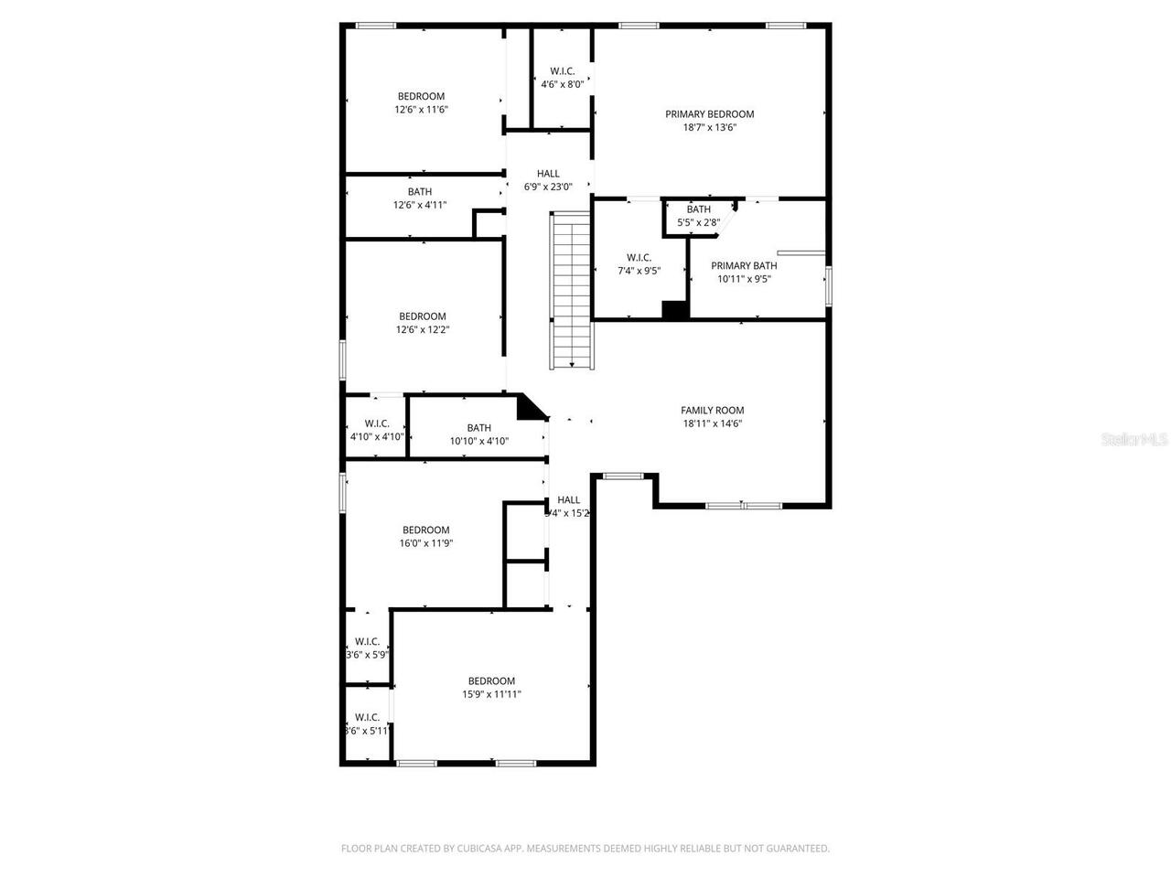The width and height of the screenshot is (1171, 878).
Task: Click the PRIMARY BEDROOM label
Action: [709, 114]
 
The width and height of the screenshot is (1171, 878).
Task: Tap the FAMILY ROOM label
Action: [712, 411]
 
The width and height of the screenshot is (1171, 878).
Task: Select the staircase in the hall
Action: [572, 290]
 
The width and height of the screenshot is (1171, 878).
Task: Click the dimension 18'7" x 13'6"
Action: [709, 128]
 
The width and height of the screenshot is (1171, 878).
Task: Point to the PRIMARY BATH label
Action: [744, 266]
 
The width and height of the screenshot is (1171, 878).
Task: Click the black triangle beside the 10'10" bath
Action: [528, 409]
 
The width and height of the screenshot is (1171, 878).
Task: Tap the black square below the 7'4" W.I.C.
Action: [675, 310]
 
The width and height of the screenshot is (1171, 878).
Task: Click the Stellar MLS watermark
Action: [1134, 440]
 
